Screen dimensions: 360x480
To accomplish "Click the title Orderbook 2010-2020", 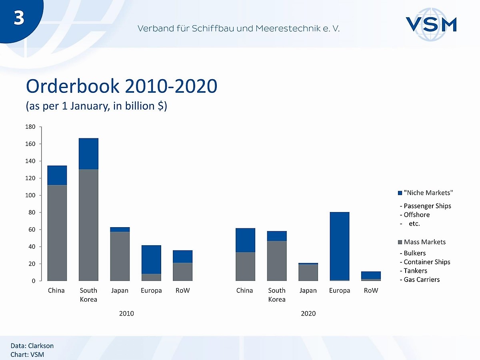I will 122,86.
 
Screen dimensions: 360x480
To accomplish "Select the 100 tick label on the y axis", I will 31,196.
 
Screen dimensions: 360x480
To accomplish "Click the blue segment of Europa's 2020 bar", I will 340,246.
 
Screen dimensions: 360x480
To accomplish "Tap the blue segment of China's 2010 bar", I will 57,175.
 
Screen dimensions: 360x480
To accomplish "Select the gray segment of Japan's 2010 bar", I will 120,256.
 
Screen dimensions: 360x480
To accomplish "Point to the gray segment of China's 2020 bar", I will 245,266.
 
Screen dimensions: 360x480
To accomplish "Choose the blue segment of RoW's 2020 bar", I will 371,275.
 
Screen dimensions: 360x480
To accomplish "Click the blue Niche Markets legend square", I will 400,193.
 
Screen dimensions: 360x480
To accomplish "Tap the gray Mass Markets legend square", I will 400,242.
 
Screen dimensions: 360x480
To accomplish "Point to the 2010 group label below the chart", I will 127,314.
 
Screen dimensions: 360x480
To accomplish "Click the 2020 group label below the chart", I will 308,314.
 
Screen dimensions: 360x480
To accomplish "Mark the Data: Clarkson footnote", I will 32,346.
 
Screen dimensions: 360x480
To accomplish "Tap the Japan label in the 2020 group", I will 308,291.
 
